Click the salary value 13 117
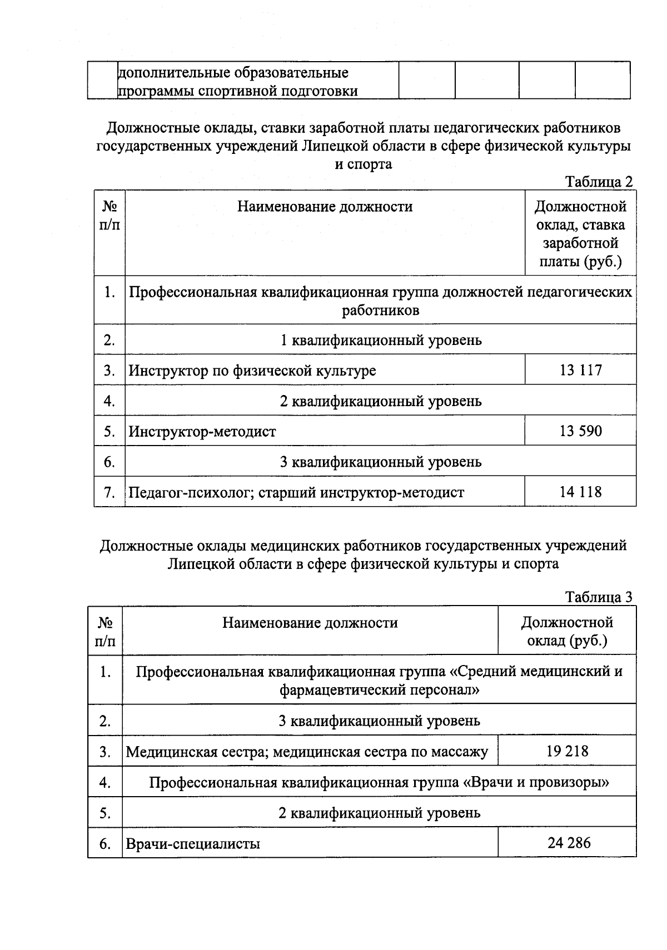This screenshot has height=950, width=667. (x=580, y=370)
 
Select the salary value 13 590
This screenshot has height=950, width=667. (x=580, y=431)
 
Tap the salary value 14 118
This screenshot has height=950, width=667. (x=580, y=492)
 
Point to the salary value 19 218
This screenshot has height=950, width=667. (x=567, y=752)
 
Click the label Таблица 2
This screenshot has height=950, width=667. (x=599, y=182)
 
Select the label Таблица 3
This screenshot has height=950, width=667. (x=599, y=597)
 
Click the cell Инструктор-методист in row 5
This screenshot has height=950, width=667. (x=202, y=432)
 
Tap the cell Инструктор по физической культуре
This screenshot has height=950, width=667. (x=252, y=371)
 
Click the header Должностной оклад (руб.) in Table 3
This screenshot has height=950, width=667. (x=567, y=631)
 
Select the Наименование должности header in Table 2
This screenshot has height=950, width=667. (x=325, y=207)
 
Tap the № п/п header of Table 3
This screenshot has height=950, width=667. (x=105, y=631)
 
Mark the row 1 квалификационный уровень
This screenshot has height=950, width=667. (x=381, y=340)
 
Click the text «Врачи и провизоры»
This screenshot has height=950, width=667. (x=535, y=783)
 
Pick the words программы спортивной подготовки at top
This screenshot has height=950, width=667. (x=238, y=91)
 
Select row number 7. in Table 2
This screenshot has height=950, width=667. (x=109, y=492)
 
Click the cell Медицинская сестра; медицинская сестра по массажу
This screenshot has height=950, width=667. (x=307, y=752)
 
